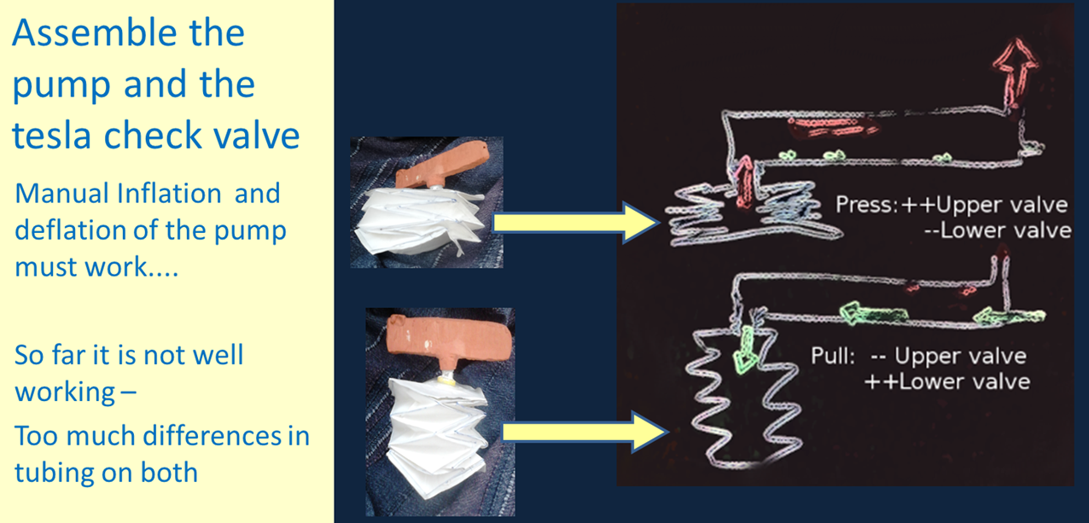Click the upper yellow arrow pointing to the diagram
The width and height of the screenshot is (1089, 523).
point(571,222)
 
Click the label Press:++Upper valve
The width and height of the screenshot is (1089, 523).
point(952,205)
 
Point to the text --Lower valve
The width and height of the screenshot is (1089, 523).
point(998,230)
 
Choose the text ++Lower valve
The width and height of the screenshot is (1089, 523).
point(946,381)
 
